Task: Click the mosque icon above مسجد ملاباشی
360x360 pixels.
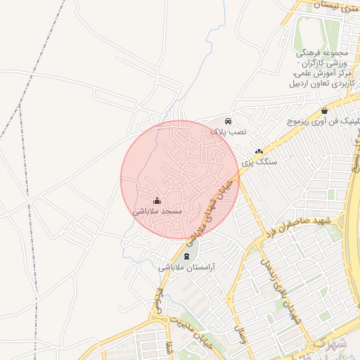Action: click(157, 200)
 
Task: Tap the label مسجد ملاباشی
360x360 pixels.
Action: click(157, 210)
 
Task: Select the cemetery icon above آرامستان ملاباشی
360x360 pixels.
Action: click(186, 256)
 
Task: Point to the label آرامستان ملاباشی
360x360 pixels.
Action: click(186, 267)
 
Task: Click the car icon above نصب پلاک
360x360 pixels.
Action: click(228, 121)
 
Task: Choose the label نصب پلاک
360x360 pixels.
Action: click(229, 131)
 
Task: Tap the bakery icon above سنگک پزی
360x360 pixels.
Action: click(259, 150)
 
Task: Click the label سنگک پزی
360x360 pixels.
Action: click(260, 161)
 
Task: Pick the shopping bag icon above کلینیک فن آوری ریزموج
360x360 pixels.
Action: click(323, 110)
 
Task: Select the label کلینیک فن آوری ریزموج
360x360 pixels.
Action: click(323, 121)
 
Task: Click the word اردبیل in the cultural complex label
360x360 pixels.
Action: click(340, 83)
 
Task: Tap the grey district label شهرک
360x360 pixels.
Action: click(332, 347)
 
